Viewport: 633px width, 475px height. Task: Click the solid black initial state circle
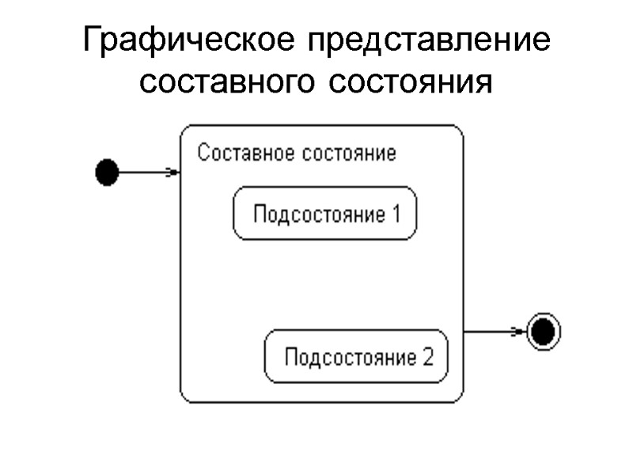106,172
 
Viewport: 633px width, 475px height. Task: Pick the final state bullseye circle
544,332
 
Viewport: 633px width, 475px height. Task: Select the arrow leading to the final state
495,332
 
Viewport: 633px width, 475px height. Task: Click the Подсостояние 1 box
324,213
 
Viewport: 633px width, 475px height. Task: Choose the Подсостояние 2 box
356,356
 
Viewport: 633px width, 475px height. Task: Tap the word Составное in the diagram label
244,153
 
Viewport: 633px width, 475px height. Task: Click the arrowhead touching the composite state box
172,172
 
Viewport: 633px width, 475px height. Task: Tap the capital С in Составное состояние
203,153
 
